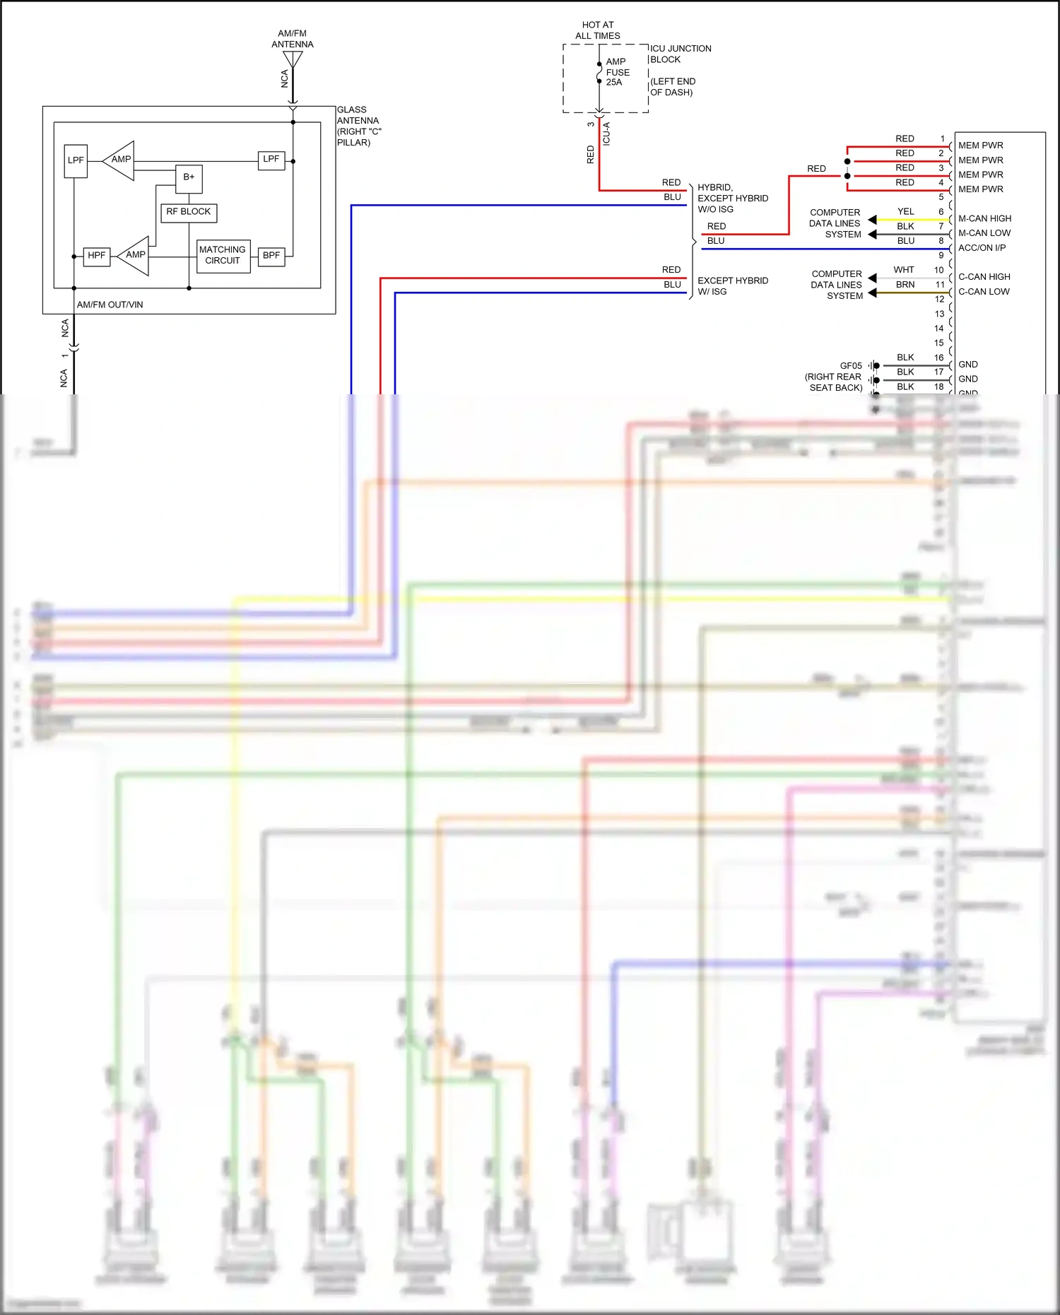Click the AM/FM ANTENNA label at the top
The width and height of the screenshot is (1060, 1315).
(292, 39)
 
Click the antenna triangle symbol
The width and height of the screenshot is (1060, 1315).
(293, 60)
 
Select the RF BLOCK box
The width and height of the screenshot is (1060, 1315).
(189, 212)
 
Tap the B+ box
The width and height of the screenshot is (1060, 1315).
(189, 177)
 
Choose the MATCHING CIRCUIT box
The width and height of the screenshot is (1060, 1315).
(223, 255)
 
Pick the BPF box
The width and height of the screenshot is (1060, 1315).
(271, 256)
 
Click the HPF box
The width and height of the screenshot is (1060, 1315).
(97, 256)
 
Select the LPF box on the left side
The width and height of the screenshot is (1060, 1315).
(76, 160)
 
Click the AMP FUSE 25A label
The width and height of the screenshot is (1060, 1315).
(617, 72)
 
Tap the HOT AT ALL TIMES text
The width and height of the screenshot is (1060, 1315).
(598, 30)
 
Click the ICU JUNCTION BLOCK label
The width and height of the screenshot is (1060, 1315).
(680, 54)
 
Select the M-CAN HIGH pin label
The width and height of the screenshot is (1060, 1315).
(984, 219)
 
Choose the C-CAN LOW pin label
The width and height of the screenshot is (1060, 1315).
(984, 292)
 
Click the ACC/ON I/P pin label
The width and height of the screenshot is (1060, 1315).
(982, 248)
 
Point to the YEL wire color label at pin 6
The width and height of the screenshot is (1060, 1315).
(905, 212)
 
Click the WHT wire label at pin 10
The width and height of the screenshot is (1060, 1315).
(903, 270)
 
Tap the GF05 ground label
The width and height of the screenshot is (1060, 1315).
(850, 366)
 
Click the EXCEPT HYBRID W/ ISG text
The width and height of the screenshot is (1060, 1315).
(732, 286)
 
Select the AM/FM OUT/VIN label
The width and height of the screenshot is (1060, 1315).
(110, 305)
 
